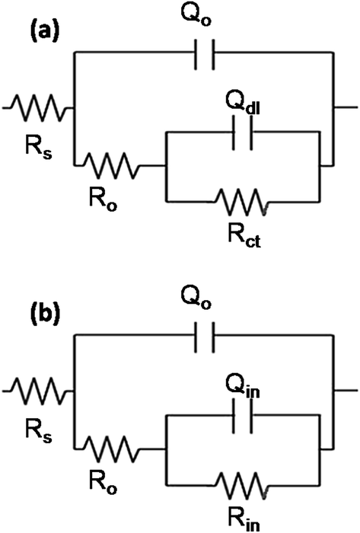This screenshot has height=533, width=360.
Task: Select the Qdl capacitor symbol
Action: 242,132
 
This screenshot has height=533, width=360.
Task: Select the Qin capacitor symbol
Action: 242,416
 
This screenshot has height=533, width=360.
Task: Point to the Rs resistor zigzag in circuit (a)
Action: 38,108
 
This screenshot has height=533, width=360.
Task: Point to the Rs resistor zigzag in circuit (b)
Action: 38,390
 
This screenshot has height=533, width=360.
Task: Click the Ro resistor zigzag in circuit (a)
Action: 112,165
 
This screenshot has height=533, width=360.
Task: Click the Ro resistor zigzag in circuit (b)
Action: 112,449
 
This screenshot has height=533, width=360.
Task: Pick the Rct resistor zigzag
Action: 242,202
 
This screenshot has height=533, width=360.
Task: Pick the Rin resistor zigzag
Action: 242,485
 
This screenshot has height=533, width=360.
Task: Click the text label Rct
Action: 244,235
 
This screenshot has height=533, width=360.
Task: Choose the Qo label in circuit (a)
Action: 196,15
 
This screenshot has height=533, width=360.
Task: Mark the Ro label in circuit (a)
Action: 103,199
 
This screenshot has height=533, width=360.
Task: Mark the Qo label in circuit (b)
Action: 196,298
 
